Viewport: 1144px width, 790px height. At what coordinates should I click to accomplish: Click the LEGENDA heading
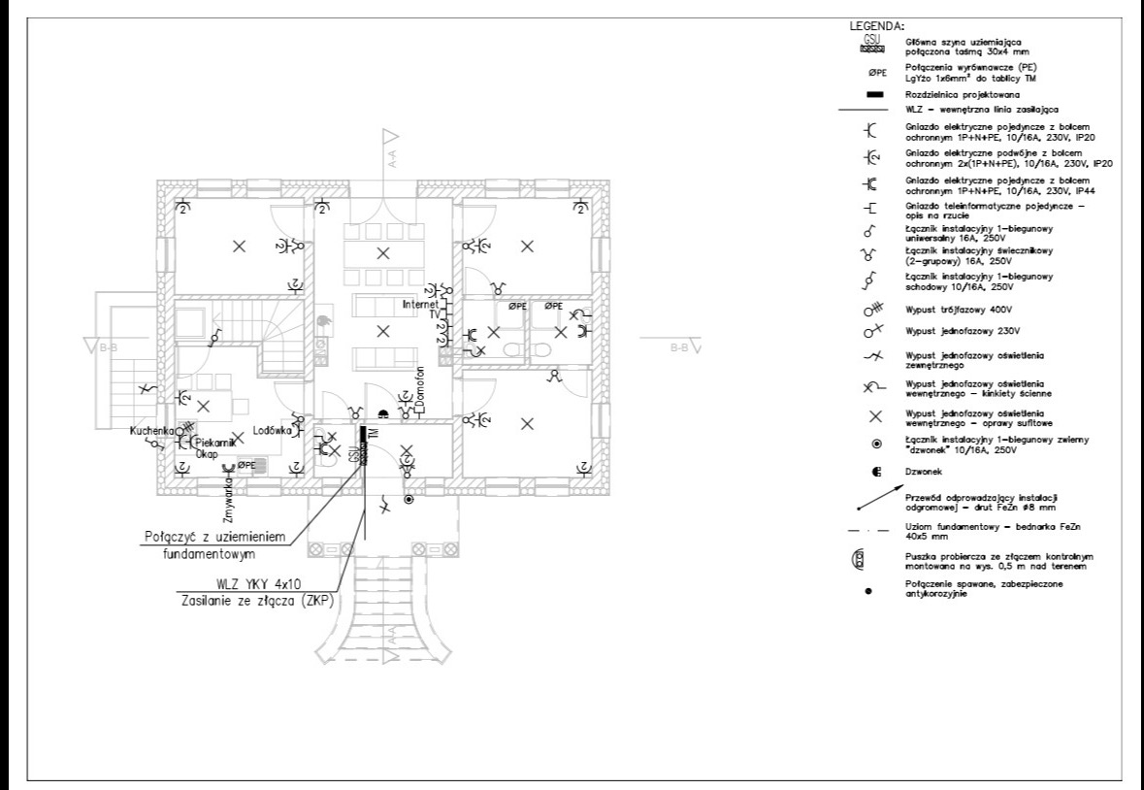tap(877, 26)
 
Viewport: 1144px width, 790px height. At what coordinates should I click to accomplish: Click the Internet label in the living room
tap(423, 304)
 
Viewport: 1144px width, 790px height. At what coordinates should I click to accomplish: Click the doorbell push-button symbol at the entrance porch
tap(409, 500)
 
